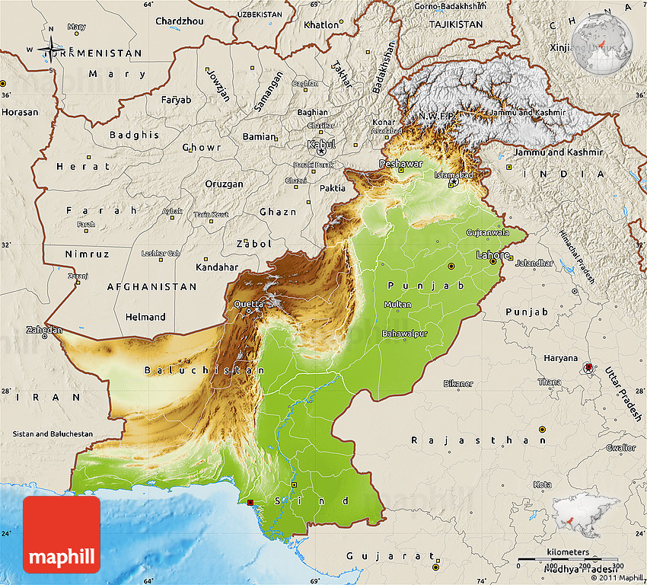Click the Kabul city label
point(320,144)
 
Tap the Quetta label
point(248,304)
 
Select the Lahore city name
point(492,254)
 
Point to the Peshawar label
point(400,164)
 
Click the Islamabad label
point(454,174)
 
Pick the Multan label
point(397,305)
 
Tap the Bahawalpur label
point(405,334)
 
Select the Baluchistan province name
point(204,370)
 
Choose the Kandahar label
point(217,267)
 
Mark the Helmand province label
point(145,317)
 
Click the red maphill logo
point(62,534)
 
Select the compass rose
point(49,50)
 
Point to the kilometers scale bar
point(567,560)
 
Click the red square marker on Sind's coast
point(251,503)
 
